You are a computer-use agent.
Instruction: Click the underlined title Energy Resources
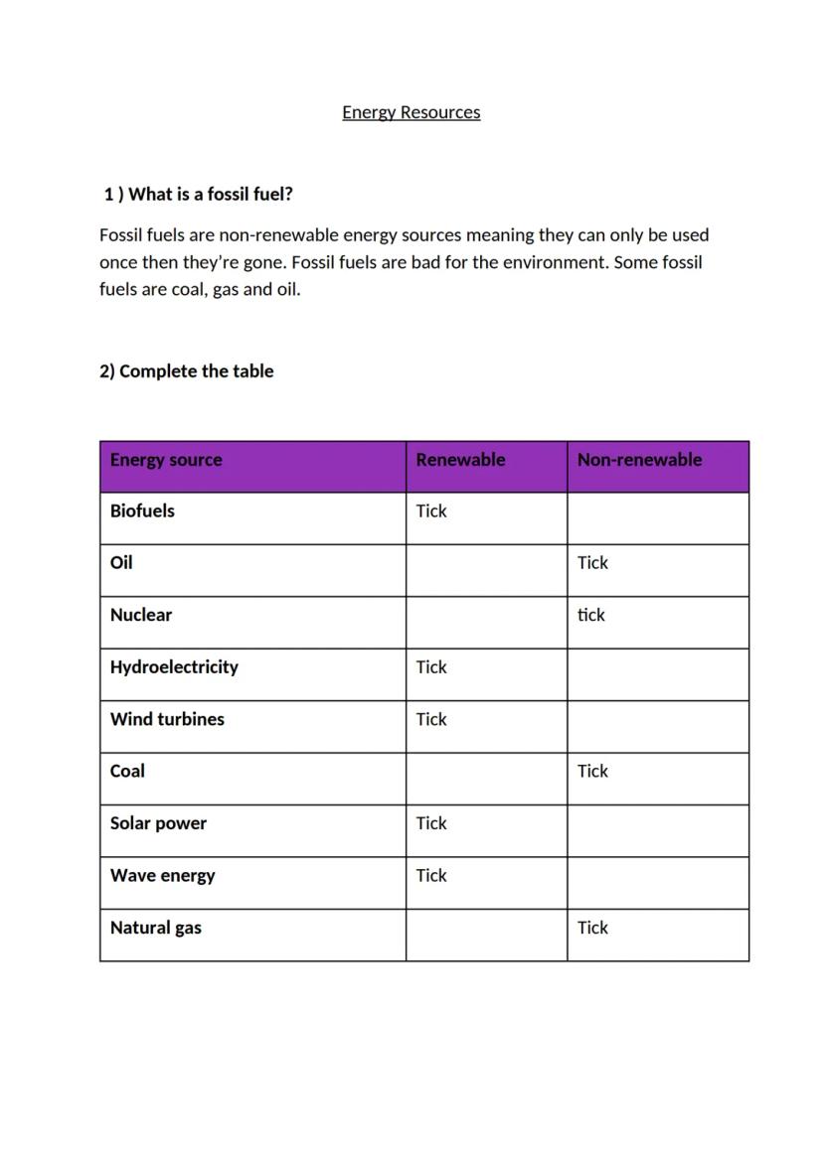[x=411, y=112]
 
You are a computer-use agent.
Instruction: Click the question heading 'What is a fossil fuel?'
[x=198, y=195]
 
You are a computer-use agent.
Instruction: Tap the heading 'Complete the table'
[x=186, y=371]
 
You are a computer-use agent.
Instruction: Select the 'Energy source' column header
[x=166, y=460]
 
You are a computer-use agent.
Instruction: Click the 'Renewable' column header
[x=460, y=460]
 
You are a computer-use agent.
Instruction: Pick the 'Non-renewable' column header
[x=639, y=460]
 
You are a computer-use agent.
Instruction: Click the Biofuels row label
[x=142, y=511]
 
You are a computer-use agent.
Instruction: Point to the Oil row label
[x=121, y=563]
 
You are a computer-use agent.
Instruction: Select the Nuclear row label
[x=141, y=615]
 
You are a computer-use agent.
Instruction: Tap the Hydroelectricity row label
[x=174, y=667]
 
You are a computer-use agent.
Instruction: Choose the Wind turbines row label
[x=167, y=719]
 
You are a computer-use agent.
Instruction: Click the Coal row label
[x=127, y=771]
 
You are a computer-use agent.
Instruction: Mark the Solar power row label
[x=158, y=823]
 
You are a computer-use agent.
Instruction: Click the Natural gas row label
[x=155, y=928]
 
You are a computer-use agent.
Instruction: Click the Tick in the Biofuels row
[x=431, y=511]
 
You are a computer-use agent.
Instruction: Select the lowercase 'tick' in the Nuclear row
[x=591, y=615]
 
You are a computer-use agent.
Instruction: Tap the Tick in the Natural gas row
[x=592, y=928]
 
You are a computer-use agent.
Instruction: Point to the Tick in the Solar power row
[x=431, y=823]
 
